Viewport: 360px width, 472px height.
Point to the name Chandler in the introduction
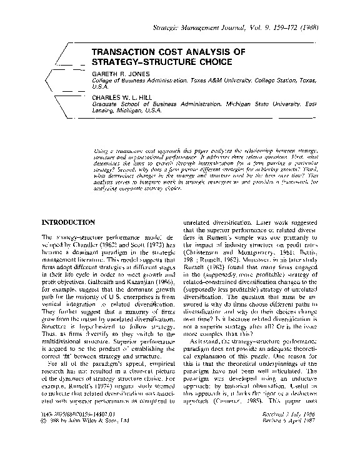click(79, 247)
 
